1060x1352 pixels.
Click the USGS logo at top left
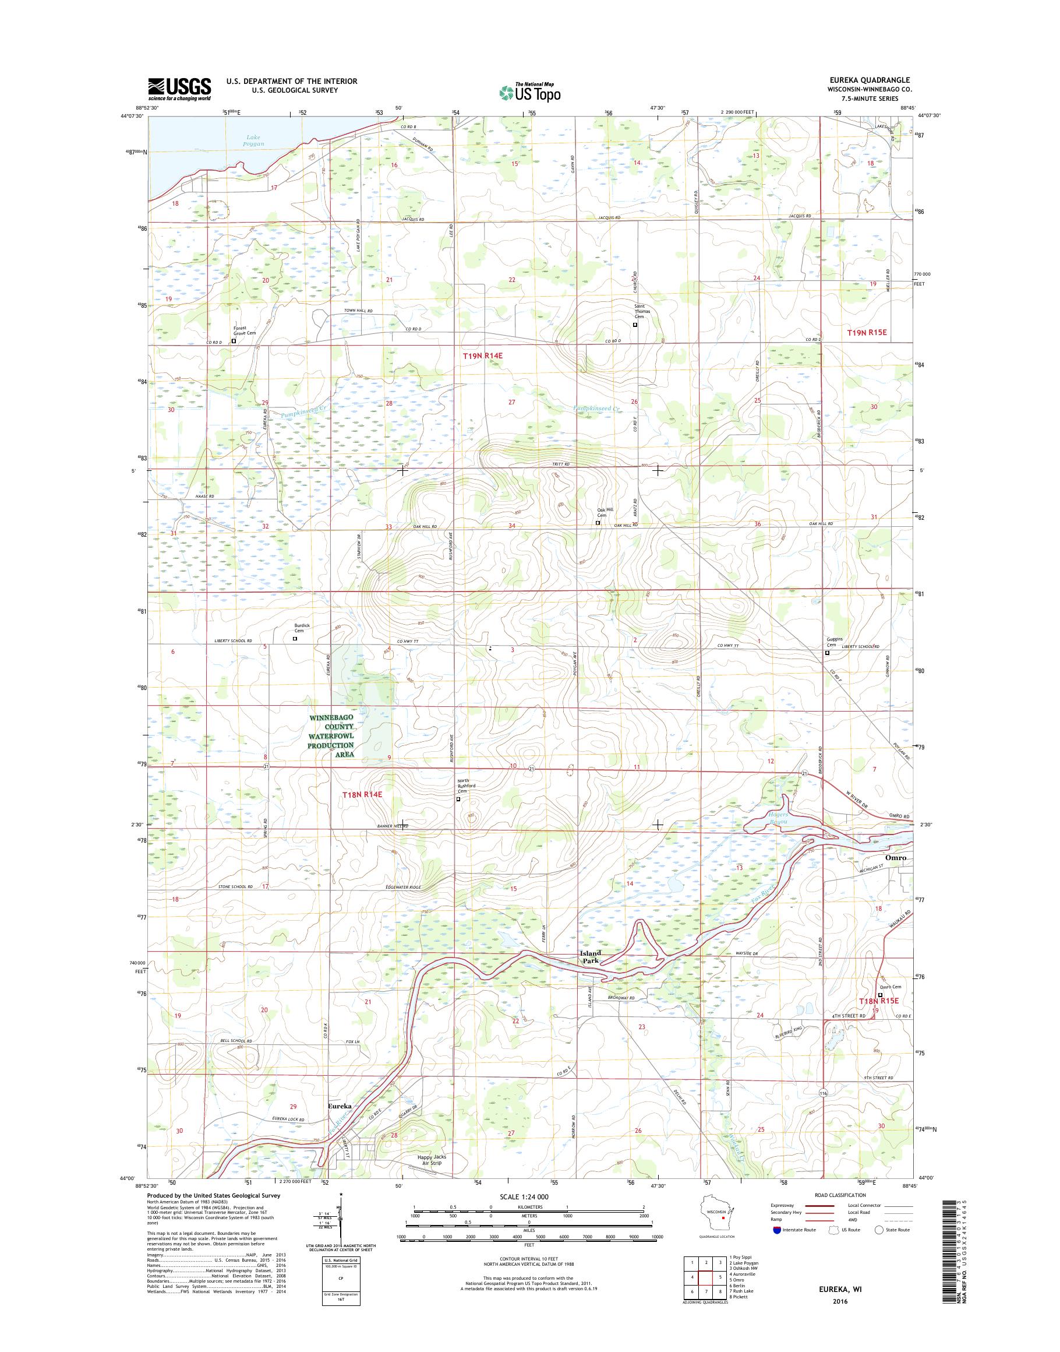pyautogui.click(x=179, y=89)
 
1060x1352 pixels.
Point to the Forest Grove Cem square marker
pyautogui.click(x=234, y=340)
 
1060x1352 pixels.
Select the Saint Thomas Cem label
pyautogui.click(x=640, y=311)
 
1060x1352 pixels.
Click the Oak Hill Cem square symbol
pyautogui.click(x=598, y=523)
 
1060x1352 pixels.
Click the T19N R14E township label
pyautogui.click(x=482, y=355)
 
